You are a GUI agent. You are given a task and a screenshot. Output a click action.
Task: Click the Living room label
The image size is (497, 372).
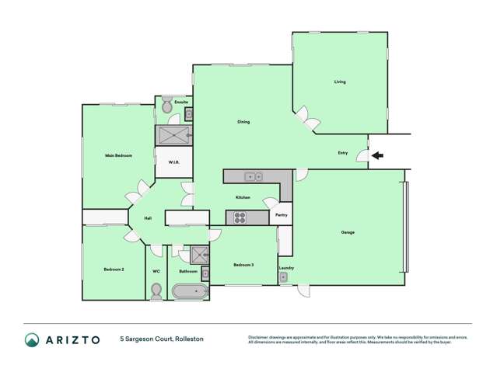340,82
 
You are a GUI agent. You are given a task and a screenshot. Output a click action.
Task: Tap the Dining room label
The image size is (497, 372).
243,122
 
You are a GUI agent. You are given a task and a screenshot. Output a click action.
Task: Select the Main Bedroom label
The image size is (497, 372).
118,155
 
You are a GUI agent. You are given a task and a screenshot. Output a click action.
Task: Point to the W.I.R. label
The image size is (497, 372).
173,162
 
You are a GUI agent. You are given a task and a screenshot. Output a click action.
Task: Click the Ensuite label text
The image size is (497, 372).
180,102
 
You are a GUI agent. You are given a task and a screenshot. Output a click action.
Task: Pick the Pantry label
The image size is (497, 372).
282,214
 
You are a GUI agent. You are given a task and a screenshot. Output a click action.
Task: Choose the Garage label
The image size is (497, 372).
347,232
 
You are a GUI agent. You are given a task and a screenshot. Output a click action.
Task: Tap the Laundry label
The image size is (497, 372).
285,268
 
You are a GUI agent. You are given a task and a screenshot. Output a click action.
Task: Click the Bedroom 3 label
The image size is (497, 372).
243,265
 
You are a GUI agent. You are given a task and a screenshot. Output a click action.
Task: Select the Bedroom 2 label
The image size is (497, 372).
114,269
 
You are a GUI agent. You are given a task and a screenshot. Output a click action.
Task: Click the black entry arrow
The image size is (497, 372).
376,155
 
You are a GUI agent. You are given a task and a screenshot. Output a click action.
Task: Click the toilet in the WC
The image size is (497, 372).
156,290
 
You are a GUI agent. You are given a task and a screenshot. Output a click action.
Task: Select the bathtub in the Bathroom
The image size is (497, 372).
189,293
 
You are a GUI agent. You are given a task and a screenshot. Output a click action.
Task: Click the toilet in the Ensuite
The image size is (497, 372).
167,110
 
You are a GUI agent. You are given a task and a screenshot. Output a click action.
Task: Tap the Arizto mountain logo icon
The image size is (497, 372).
32,339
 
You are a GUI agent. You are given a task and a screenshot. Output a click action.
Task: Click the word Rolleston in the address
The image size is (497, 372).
190,339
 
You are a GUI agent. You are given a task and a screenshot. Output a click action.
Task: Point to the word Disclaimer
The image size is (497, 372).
260,336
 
